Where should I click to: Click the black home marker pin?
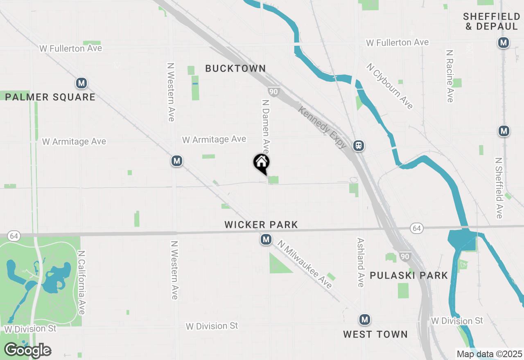pos(261,162)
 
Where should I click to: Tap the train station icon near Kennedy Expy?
pos(359,145)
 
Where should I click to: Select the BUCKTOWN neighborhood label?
pos(235,68)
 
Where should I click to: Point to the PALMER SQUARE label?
pos(50,97)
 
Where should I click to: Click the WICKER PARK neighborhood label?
pos(261,225)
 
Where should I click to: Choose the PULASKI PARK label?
pos(409,275)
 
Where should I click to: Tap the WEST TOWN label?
pos(375,334)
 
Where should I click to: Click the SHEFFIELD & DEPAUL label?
pos(491,21)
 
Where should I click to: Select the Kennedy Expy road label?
pos(323,127)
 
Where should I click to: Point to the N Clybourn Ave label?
pos(389,86)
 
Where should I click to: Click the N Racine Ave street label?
pos(450,76)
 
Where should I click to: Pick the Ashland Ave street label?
pos(360,263)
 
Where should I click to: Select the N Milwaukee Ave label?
pos(305,264)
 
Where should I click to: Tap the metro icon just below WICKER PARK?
pos(266,239)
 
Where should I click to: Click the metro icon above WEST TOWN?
pos(365,319)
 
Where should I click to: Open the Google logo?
pos(27,350)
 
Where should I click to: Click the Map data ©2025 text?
pos(489,354)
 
